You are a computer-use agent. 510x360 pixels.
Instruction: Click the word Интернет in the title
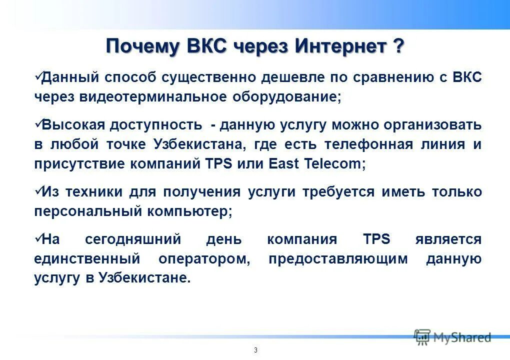[340, 46]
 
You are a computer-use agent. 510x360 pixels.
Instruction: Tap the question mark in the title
[398, 46]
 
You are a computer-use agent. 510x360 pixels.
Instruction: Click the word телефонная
[368, 145]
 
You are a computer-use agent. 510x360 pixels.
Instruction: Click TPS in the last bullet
[376, 239]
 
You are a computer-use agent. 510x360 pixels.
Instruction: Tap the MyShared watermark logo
[452, 337]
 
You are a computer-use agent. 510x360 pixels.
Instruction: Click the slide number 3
[255, 350]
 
